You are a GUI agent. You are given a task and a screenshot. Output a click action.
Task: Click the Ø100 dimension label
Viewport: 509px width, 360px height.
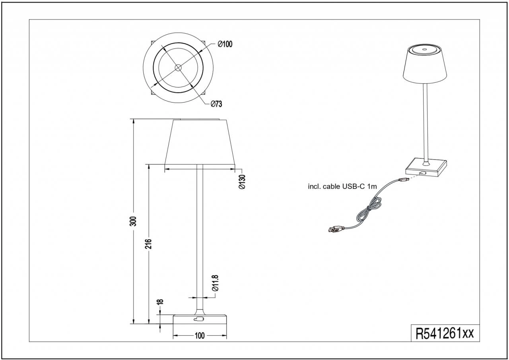pyautogui.click(x=225, y=44)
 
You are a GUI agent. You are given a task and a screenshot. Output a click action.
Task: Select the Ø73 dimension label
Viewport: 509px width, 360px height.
pyautogui.click(x=216, y=104)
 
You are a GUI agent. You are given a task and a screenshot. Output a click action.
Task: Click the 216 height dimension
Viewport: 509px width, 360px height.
pyautogui.click(x=149, y=244)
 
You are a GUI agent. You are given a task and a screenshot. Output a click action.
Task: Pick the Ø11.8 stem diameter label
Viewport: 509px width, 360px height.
pyautogui.click(x=216, y=283)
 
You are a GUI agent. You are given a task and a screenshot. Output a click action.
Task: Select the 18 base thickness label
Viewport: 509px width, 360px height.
pyautogui.click(x=160, y=302)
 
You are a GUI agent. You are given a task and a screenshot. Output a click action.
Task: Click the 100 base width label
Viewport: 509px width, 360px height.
pyautogui.click(x=200, y=336)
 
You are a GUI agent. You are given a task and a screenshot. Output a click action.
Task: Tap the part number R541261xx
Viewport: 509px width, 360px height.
pyautogui.click(x=445, y=333)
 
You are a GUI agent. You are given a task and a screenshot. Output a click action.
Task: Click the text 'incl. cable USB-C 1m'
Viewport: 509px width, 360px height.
pyautogui.click(x=342, y=186)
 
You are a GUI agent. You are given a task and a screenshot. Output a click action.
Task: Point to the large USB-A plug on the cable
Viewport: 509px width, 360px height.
pyautogui.click(x=335, y=229)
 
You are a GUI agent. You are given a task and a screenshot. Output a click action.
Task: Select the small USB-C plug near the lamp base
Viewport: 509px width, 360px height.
pyautogui.click(x=403, y=180)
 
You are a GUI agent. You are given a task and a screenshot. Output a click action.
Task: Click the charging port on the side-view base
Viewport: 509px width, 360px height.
pyautogui.click(x=198, y=319)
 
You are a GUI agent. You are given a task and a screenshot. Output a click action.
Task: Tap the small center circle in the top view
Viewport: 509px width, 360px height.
pyautogui.click(x=178, y=68)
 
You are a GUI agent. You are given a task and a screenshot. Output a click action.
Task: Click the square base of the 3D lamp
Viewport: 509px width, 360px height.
pyautogui.click(x=425, y=167)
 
